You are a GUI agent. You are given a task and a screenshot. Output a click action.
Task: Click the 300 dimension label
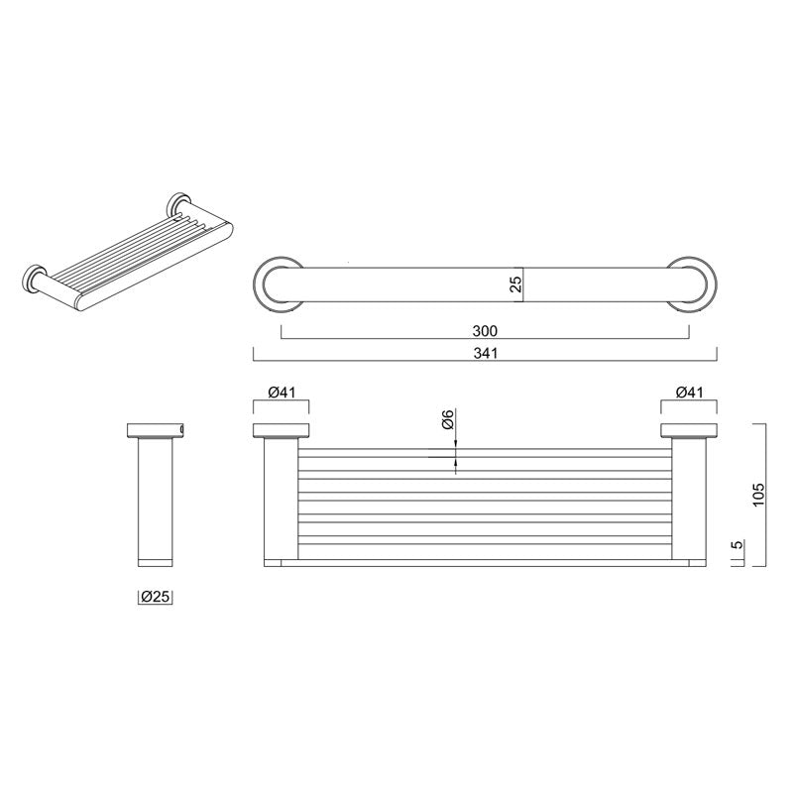click(485, 331)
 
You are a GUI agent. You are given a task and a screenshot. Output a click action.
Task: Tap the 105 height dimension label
click(758, 495)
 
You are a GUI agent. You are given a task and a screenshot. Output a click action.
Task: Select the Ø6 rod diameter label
click(447, 420)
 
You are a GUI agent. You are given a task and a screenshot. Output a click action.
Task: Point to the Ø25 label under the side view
click(158, 597)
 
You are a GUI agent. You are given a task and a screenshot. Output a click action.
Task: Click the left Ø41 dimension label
click(283, 393)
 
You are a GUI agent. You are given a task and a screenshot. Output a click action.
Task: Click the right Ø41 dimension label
click(690, 393)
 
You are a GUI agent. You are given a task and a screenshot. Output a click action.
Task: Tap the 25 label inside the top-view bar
click(515, 285)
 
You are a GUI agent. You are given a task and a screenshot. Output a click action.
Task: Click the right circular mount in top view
click(690, 283)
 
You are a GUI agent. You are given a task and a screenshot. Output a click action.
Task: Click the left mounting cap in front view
click(283, 431)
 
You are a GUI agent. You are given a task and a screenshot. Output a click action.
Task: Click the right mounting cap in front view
click(690, 431)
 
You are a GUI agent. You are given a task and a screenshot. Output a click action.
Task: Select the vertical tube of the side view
click(157, 501)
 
